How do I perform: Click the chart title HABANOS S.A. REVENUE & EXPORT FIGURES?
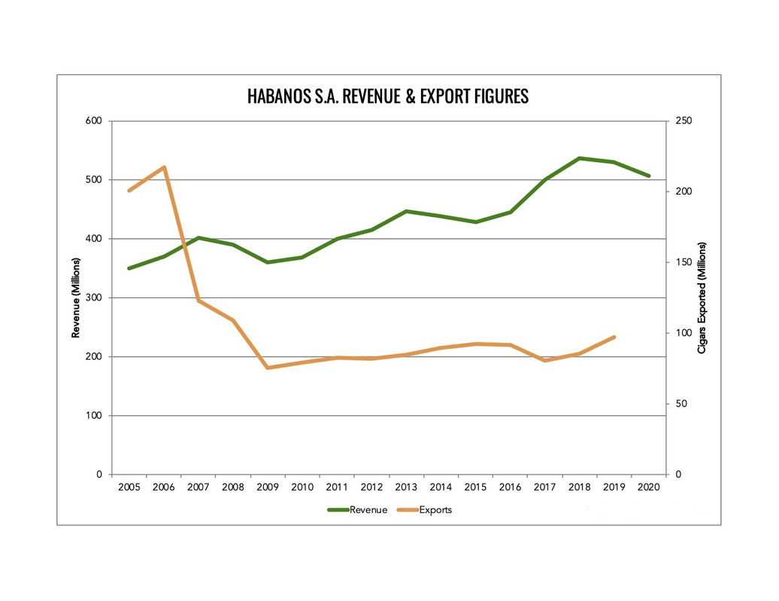click(388, 97)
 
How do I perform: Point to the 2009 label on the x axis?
click(268, 488)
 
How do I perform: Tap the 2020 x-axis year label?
click(648, 488)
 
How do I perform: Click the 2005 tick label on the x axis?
click(129, 488)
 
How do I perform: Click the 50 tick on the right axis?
click(680, 404)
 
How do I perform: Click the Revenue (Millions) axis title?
click(76, 298)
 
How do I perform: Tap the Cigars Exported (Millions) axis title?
click(702, 298)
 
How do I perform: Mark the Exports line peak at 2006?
click(164, 167)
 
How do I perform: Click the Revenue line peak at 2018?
click(580, 159)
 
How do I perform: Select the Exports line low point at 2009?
click(268, 368)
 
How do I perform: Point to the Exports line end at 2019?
click(614, 337)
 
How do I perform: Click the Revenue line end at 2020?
click(649, 176)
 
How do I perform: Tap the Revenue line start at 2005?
click(129, 268)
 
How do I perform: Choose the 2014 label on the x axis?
click(441, 488)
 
